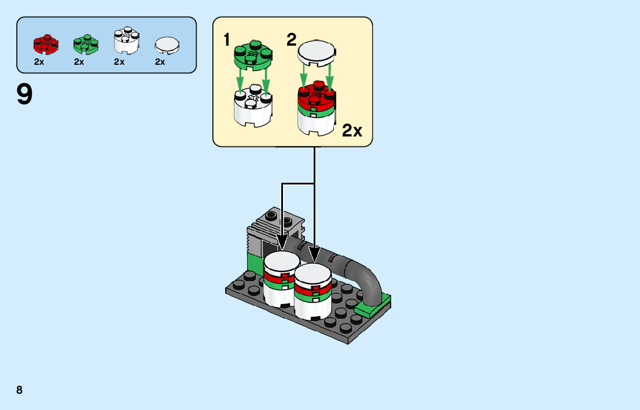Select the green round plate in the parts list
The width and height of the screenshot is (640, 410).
tap(86, 44)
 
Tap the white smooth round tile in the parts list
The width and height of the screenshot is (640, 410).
tap(167, 45)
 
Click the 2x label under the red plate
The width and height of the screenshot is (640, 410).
tap(39, 62)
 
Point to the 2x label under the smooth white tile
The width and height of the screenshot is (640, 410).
tap(160, 62)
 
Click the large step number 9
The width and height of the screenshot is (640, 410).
tap(25, 95)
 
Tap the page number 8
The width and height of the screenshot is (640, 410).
tap(20, 390)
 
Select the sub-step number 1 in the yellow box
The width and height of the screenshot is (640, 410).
tap(227, 40)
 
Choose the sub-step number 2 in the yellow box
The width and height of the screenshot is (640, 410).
tap(291, 40)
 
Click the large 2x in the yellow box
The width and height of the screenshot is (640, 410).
tap(352, 131)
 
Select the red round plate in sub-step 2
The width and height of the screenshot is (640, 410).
tap(317, 95)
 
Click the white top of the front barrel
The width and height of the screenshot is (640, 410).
tap(312, 272)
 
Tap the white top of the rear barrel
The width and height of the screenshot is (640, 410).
tap(281, 260)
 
